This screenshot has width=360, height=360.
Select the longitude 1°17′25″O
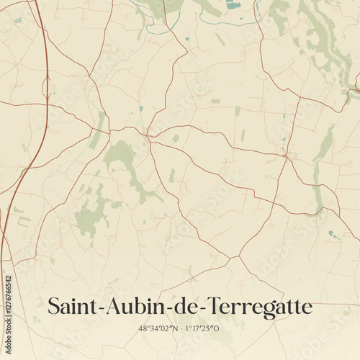pyautogui.click(x=203, y=328)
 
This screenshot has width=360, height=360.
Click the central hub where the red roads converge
pyautogui.click(x=147, y=134)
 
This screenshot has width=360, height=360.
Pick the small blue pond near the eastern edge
pyautogui.click(x=332, y=234)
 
